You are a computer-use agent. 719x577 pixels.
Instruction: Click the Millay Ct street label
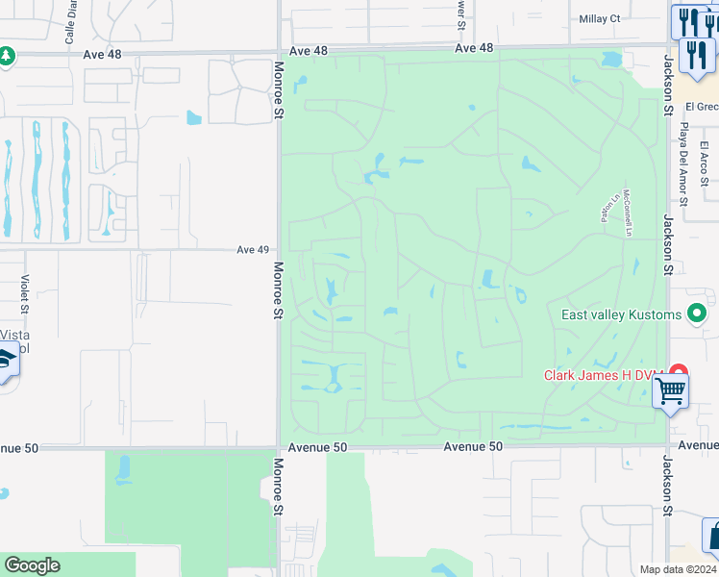pyautogui.click(x=601, y=18)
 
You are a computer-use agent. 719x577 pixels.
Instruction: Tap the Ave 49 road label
pyautogui.click(x=252, y=250)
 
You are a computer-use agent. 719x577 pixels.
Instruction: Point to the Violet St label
pyautogui.click(x=24, y=294)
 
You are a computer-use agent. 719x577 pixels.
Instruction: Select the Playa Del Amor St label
pyautogui.click(x=684, y=165)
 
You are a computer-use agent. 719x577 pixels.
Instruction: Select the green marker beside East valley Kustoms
pyautogui.click(x=697, y=314)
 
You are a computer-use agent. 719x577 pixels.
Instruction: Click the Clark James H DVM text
pyautogui.click(x=605, y=375)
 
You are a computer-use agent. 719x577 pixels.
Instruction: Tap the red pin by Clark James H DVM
pyautogui.click(x=679, y=371)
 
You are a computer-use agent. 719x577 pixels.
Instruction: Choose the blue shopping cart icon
pyautogui.click(x=670, y=391)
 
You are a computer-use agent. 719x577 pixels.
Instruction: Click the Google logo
pyautogui.click(x=32, y=565)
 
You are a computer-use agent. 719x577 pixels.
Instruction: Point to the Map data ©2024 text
pyautogui.click(x=678, y=569)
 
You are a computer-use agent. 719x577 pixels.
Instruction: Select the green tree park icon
pyautogui.click(x=6, y=56)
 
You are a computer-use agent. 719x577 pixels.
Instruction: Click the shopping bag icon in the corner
pyautogui.click(x=713, y=535)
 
